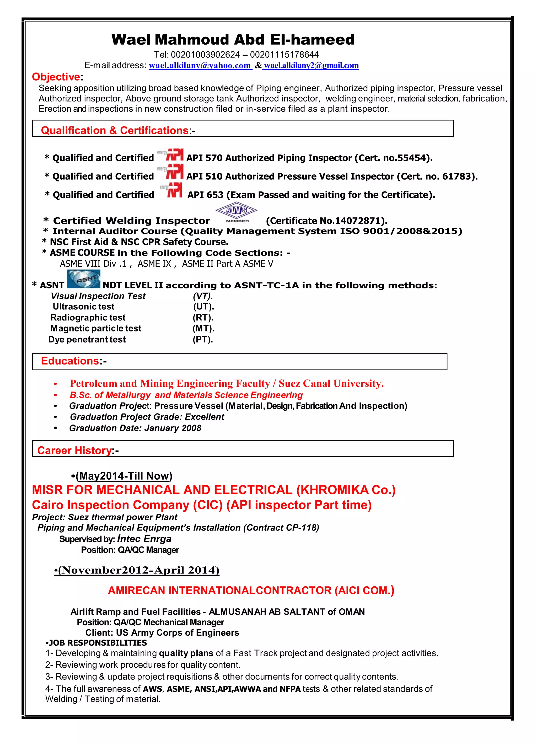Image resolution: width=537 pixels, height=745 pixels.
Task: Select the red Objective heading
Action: [x=56, y=77]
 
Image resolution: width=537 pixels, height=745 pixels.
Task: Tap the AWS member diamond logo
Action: [x=236, y=211]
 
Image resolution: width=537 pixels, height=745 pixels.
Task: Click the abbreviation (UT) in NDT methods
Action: [x=203, y=307]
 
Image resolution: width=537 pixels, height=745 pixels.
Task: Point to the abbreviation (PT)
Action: [x=203, y=339]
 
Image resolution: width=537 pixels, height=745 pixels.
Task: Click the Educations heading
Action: [x=70, y=361]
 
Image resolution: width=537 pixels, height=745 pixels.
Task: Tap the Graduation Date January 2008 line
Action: [x=135, y=428]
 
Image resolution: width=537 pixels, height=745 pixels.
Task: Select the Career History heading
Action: [x=74, y=450]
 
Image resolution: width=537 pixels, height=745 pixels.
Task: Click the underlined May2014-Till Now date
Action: [x=124, y=476]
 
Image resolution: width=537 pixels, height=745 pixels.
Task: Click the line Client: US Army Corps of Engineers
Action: [x=162, y=633]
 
